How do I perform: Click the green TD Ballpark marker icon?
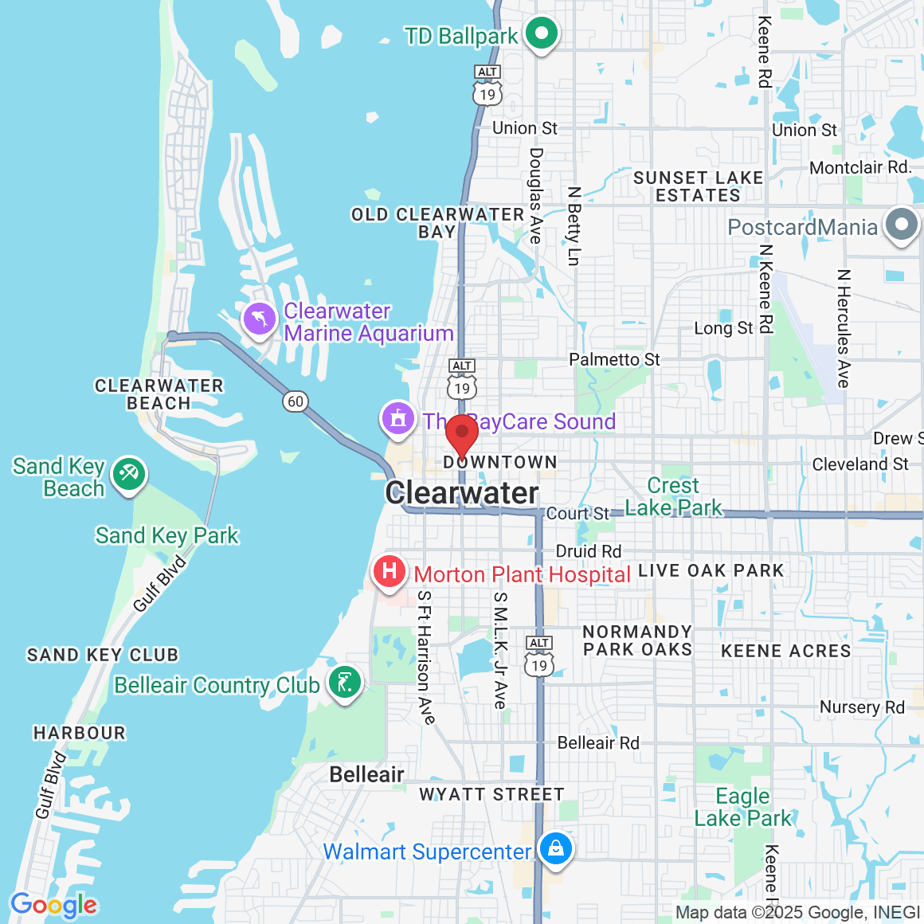click(x=542, y=34)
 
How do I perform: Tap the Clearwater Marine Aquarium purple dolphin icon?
click(x=259, y=320)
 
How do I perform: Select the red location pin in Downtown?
click(x=462, y=435)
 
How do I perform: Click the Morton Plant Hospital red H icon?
click(x=390, y=572)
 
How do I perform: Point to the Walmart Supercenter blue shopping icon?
click(x=555, y=848)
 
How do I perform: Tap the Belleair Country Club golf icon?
click(x=345, y=683)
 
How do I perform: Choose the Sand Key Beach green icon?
click(x=129, y=475)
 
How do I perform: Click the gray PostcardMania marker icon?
click(x=902, y=225)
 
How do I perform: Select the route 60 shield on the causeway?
click(x=296, y=401)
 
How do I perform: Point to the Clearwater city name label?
click(x=462, y=493)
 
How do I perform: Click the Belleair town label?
click(x=366, y=774)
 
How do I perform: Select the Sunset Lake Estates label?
click(x=698, y=186)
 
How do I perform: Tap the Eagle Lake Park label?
click(x=742, y=807)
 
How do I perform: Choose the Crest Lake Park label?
click(x=673, y=496)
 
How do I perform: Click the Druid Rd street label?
click(x=588, y=551)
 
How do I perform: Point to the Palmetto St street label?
click(x=614, y=359)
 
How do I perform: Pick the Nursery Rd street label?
click(x=862, y=707)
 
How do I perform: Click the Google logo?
click(x=53, y=906)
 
